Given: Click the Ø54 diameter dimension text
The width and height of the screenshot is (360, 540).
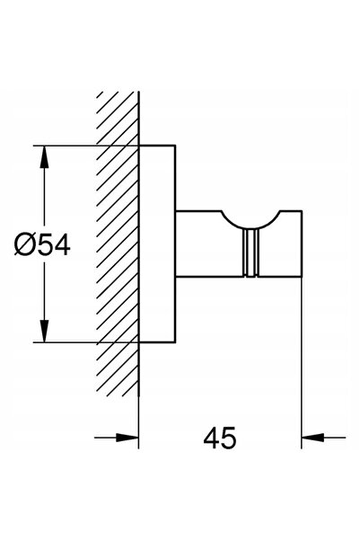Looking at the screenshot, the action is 42,244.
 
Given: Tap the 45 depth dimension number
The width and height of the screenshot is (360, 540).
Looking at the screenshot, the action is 220,438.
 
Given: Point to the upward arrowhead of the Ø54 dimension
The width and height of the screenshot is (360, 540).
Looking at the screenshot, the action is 44,156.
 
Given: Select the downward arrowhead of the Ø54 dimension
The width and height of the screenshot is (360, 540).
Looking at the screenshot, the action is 44,332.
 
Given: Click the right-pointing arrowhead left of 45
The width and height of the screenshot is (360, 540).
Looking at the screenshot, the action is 127,438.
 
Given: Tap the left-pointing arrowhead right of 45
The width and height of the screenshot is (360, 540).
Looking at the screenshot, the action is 312,438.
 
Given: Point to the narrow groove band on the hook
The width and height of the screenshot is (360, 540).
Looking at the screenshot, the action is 250,252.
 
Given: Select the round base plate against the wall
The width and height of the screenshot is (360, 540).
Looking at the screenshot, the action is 157,244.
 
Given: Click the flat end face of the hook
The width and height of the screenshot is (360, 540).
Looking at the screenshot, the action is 302,243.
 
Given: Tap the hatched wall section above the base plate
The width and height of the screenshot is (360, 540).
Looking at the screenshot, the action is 118,118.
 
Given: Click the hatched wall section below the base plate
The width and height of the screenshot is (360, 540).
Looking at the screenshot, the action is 118,369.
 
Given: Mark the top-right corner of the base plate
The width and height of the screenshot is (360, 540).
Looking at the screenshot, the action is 176,146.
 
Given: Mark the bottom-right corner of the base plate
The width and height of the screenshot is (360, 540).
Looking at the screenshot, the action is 176,343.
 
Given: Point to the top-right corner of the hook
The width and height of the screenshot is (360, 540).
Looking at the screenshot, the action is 302,210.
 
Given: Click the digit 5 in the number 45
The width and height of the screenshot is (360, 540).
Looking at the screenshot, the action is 229,438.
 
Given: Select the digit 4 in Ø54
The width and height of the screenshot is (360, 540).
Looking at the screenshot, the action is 63,244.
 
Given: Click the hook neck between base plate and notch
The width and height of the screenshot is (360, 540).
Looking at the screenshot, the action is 198,243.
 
